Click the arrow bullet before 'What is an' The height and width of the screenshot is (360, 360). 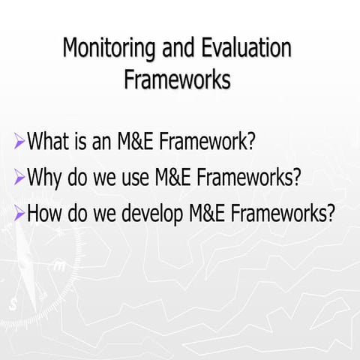coord(19,141)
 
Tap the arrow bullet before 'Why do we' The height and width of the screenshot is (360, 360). coord(19,178)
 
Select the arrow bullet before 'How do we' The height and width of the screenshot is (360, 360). coord(19,215)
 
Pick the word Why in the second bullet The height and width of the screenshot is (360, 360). coord(46,178)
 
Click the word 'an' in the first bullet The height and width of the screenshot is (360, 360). coord(108,141)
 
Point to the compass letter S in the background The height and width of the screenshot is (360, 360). coord(13,303)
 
